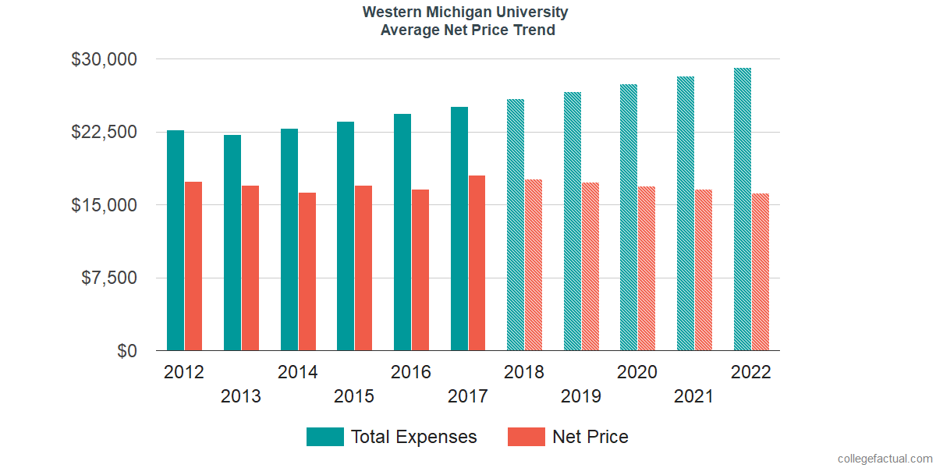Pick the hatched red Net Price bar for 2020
pos(647,268)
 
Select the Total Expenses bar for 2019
pos(573,222)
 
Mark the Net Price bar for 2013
pos(250,268)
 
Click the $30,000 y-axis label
pos(104,59)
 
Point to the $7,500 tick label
pos(108,278)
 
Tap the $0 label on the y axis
pos(126,352)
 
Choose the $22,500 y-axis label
pos(104,133)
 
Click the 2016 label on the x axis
pos(411,372)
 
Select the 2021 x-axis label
pos(693,397)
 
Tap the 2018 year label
pos(524,372)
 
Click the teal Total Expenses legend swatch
pos(324,437)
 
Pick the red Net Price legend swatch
pos(526,437)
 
